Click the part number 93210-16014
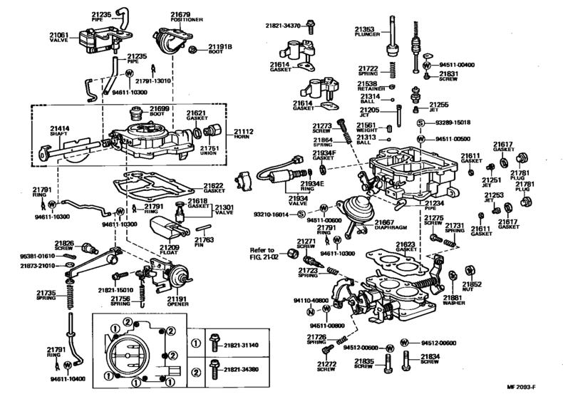273,214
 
